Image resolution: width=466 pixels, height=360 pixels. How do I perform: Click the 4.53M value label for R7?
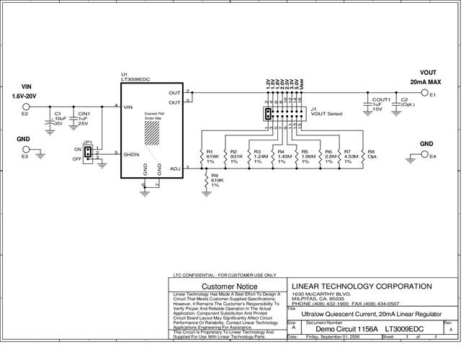[x=351, y=157]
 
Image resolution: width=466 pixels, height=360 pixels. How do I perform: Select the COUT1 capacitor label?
[x=381, y=99]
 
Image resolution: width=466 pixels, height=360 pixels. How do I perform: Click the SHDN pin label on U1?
[x=131, y=153]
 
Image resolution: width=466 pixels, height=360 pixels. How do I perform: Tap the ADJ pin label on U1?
[x=174, y=168]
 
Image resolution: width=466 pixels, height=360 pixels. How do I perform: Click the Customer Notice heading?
[x=228, y=287]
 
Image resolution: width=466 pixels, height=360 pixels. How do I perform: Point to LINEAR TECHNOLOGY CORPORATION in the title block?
[x=352, y=286]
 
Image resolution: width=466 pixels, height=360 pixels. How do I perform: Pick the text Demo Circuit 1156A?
[x=338, y=328]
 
